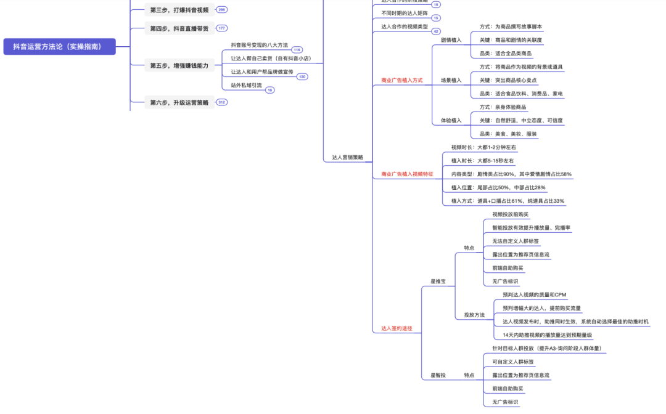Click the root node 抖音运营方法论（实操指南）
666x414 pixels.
[60, 47]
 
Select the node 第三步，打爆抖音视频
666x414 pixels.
[179, 10]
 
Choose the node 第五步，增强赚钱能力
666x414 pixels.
[179, 65]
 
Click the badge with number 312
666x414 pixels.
[222, 102]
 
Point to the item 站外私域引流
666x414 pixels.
[246, 85]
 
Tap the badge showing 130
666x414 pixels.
[302, 77]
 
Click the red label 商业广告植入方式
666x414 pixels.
[402, 80]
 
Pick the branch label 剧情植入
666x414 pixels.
[451, 40]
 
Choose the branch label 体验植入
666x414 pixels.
[451, 121]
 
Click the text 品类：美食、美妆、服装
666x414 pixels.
[508, 134]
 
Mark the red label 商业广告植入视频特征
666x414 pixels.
[407, 174]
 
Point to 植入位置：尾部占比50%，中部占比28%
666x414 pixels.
[498, 187]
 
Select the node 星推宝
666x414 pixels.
[438, 282]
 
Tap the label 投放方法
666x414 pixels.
[474, 315]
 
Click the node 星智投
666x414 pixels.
[438, 375]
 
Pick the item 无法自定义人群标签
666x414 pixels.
[516, 241]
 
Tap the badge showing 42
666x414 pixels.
[436, 31]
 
